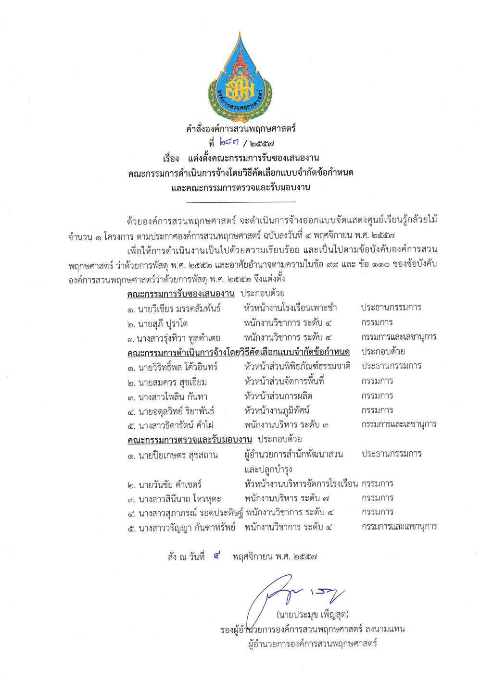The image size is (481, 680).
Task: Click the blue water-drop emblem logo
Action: (240, 77)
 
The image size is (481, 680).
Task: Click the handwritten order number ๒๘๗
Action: (228, 142)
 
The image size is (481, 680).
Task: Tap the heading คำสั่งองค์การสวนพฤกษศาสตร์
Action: (240, 129)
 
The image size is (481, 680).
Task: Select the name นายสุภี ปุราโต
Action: (162, 323)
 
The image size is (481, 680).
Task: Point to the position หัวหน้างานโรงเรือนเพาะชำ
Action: (290, 308)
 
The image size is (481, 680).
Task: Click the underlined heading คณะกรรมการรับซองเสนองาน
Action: (181, 293)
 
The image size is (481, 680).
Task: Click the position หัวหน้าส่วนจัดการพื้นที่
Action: (284, 382)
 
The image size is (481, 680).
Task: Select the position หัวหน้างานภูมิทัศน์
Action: (277, 410)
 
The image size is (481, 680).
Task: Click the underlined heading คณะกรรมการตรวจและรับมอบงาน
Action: (190, 439)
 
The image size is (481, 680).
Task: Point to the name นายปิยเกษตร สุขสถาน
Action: (177, 455)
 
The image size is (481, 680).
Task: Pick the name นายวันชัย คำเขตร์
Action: (169, 484)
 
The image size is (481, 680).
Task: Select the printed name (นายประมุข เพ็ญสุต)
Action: (312, 615)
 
